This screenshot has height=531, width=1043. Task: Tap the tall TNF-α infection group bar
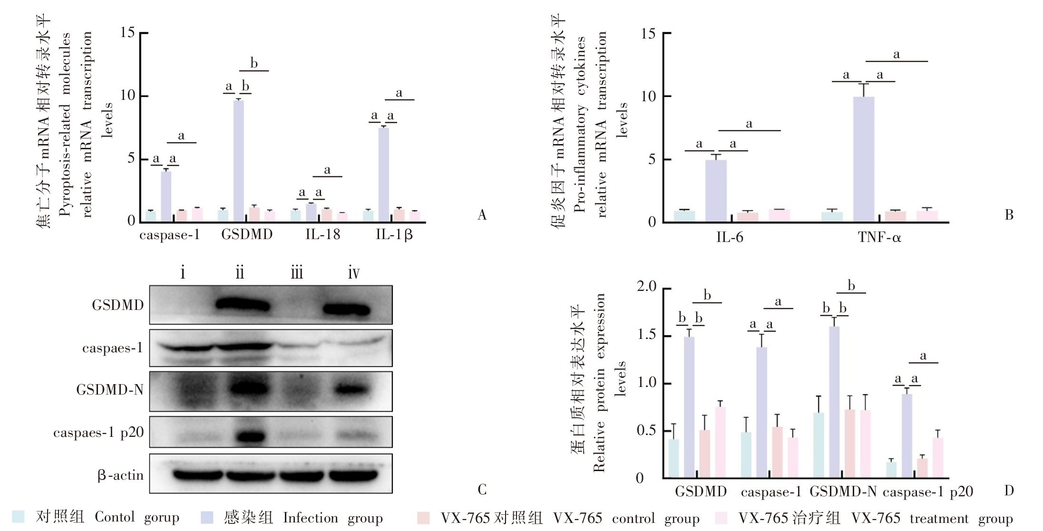pos(863,159)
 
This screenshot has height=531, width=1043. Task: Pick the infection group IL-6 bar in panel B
pos(715,190)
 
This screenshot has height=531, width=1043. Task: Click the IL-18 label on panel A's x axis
pos(322,234)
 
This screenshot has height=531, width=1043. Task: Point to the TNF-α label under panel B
pos(879,237)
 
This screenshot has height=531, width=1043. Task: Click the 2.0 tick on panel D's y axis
pos(646,286)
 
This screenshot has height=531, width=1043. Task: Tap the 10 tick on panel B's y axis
pos(648,96)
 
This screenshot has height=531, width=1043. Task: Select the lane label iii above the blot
pos(296,273)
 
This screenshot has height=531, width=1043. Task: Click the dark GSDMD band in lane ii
pos(243,305)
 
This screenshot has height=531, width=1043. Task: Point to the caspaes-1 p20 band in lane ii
pos(250,436)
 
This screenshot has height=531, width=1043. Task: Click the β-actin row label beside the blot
pos(120,475)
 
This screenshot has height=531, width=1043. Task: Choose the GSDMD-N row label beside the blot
pos(110,390)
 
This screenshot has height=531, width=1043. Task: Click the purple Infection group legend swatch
pos(207,517)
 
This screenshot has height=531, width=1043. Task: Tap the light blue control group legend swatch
pos(18,517)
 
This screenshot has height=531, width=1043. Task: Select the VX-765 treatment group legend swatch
pos(721,518)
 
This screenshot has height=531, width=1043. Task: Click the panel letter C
pos(482,490)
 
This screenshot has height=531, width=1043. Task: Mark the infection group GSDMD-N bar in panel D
pos(834,402)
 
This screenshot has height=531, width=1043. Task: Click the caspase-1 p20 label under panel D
pos(927,492)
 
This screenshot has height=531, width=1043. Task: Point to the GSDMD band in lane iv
pos(346,309)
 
